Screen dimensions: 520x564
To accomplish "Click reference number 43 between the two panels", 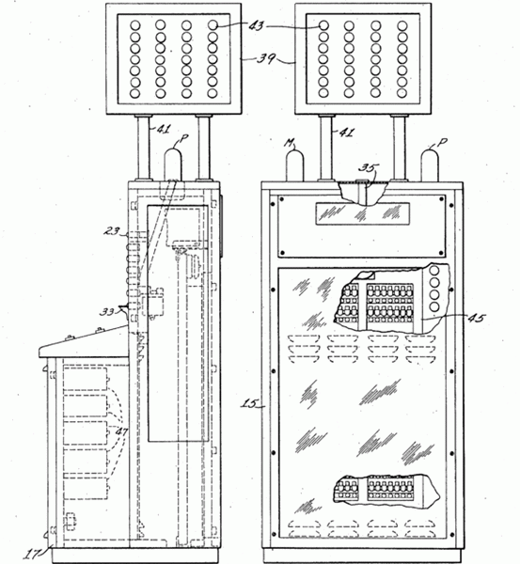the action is click(x=257, y=26).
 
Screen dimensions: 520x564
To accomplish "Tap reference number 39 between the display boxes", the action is click(x=265, y=58).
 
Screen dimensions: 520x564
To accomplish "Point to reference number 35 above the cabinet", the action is click(x=369, y=168).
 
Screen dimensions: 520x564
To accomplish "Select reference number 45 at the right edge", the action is click(x=477, y=318).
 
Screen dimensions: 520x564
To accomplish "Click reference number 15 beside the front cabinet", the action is click(x=248, y=404).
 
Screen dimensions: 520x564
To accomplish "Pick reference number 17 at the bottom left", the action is click(x=32, y=554).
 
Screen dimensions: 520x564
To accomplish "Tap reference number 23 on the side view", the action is click(x=112, y=230).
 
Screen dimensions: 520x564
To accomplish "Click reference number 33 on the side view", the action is click(x=107, y=311).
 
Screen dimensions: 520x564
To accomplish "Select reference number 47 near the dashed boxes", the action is click(x=120, y=431).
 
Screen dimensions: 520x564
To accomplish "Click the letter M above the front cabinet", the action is click(x=290, y=143).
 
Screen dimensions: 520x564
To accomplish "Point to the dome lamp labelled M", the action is click(x=294, y=165).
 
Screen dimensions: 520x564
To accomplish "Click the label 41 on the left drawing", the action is click(x=163, y=129).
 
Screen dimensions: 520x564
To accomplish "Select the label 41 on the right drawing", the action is click(x=346, y=133).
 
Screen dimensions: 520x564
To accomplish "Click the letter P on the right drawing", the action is click(x=442, y=143).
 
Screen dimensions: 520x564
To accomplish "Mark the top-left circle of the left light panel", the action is click(x=135, y=25).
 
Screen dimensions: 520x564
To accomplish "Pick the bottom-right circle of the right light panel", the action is click(x=402, y=93).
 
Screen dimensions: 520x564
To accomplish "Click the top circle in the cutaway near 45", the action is click(x=434, y=271).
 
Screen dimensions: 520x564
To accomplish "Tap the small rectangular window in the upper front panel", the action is click(x=363, y=214).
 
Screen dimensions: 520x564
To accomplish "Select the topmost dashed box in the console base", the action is click(x=86, y=379).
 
